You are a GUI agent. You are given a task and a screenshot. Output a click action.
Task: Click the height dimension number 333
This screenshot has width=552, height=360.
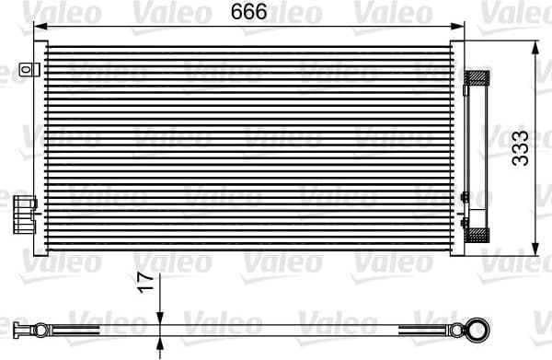pos(522,147)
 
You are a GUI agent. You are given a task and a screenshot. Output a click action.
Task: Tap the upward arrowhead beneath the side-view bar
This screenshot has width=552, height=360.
pos(160,335)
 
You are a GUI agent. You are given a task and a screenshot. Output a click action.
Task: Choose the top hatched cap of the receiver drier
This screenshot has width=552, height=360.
pos(477,77)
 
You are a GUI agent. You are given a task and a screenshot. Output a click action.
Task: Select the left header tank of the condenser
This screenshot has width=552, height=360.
pos(40,147)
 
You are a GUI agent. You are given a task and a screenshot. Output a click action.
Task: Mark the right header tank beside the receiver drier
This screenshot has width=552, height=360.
pos(460,147)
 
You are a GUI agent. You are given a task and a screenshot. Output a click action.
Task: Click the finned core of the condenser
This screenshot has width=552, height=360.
pos(248,147)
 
